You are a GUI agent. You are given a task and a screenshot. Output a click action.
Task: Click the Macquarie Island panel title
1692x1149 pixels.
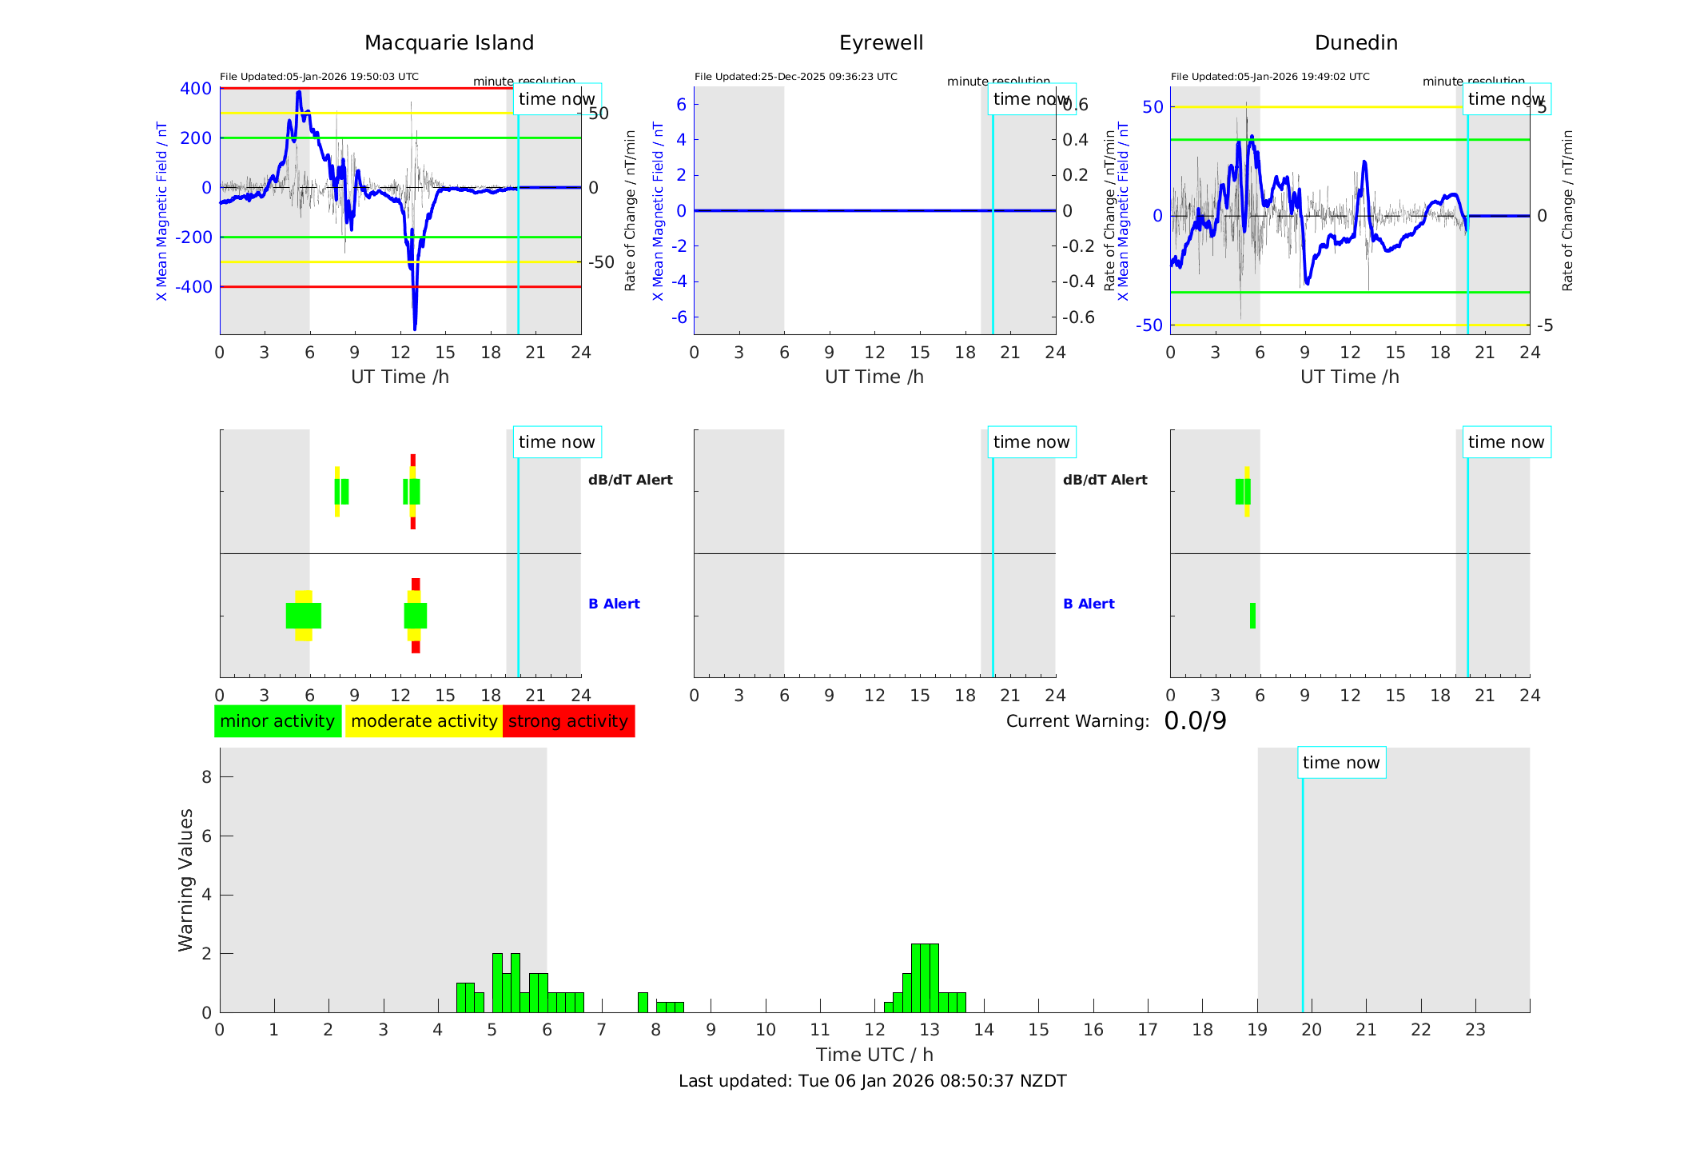click(448, 43)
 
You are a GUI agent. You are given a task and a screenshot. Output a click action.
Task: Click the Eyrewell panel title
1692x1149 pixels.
click(881, 43)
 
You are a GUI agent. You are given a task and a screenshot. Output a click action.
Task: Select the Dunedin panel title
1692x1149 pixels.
click(1356, 43)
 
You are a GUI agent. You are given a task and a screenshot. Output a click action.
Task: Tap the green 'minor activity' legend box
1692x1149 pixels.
click(277, 721)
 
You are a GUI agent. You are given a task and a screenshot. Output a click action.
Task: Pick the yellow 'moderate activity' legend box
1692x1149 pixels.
click(424, 721)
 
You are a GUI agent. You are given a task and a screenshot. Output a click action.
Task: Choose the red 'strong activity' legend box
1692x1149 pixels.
click(568, 721)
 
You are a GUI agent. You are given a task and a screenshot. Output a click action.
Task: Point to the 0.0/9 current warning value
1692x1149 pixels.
click(1195, 721)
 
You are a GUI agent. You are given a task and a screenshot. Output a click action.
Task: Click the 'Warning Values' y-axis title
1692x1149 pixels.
click(186, 880)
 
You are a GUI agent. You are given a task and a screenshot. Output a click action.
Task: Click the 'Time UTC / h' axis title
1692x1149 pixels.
click(874, 1055)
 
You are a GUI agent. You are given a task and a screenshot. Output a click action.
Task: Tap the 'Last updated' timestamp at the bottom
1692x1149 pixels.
click(872, 1081)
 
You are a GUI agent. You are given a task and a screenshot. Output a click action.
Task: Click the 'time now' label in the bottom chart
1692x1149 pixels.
click(1341, 763)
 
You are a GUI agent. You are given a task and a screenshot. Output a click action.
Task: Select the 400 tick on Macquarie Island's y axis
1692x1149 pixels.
click(196, 89)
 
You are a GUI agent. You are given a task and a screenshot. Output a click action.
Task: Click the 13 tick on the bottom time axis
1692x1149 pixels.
click(929, 1030)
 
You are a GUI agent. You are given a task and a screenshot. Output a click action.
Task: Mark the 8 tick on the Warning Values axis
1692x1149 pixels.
click(206, 776)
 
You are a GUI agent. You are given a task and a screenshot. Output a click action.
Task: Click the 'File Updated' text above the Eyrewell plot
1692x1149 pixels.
click(795, 77)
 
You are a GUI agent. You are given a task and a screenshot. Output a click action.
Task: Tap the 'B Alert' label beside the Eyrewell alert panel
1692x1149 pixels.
click(1089, 604)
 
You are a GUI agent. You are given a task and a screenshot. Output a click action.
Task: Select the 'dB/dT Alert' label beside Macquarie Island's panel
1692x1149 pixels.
click(630, 480)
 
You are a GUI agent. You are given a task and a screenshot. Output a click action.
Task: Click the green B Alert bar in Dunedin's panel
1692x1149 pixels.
click(1252, 616)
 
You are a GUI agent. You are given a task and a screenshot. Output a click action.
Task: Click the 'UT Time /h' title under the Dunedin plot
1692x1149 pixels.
click(1349, 377)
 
